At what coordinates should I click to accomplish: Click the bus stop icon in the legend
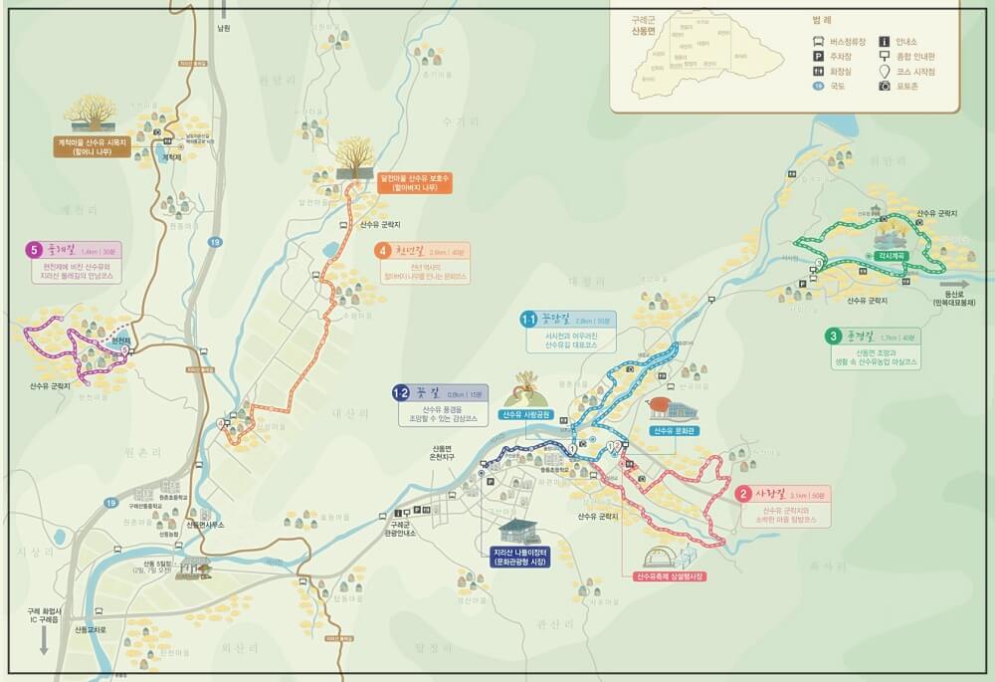(x=817, y=42)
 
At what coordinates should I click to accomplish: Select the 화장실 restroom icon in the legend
(x=817, y=72)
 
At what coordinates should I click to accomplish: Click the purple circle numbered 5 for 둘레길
(x=35, y=250)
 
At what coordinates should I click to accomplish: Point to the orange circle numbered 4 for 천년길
(x=382, y=250)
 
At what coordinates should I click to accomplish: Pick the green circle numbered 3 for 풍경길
(x=832, y=336)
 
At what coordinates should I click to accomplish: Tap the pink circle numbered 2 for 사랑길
(x=742, y=493)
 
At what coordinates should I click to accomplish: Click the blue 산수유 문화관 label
(x=678, y=431)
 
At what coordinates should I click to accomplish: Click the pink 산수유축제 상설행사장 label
(x=670, y=576)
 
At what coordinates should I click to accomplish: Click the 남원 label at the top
(x=223, y=29)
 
